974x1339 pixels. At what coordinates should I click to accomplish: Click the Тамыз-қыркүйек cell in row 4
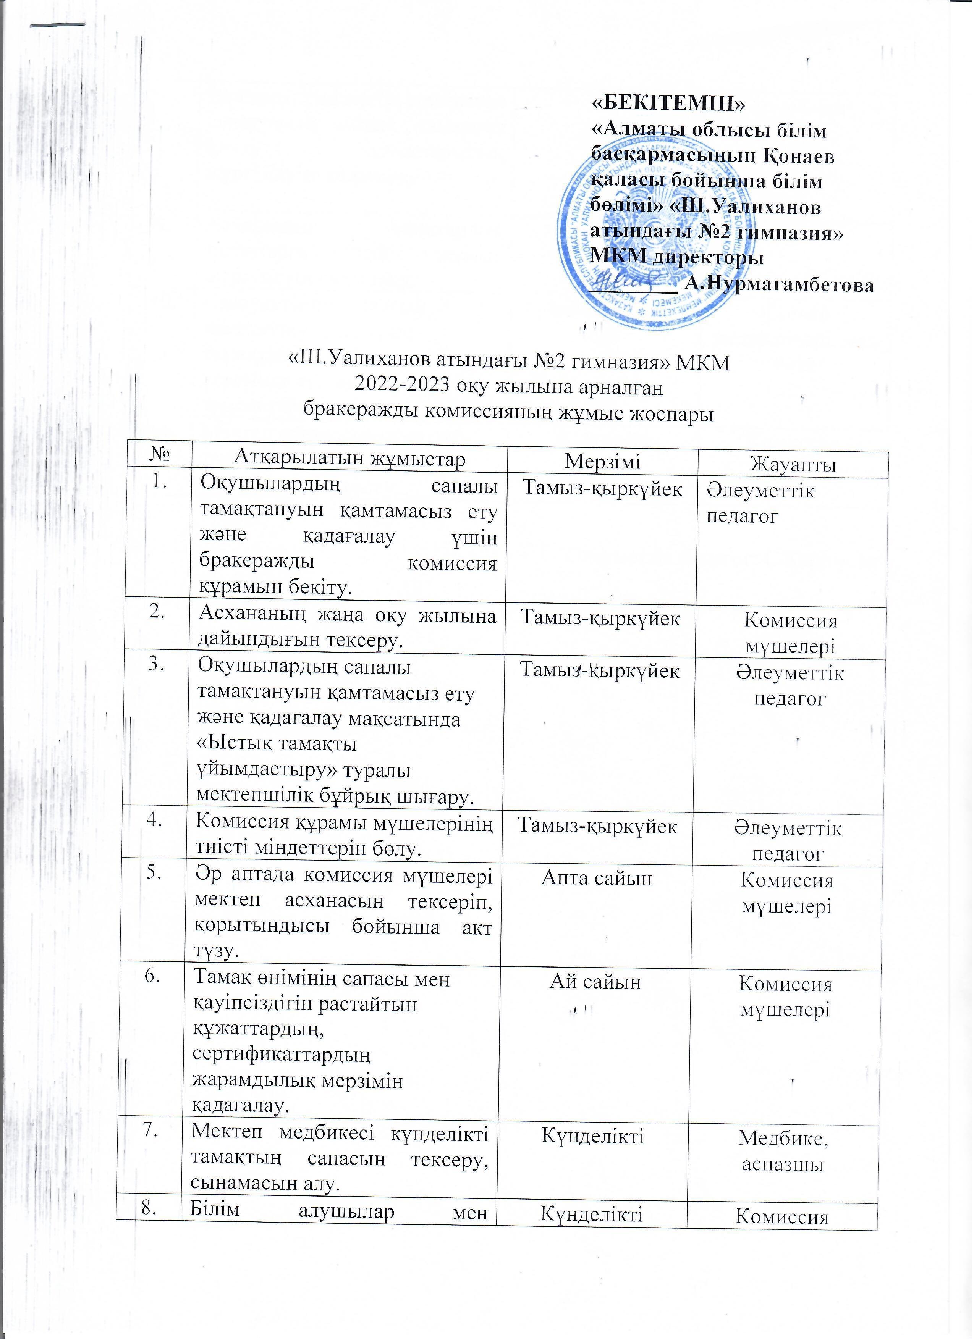(x=597, y=827)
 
